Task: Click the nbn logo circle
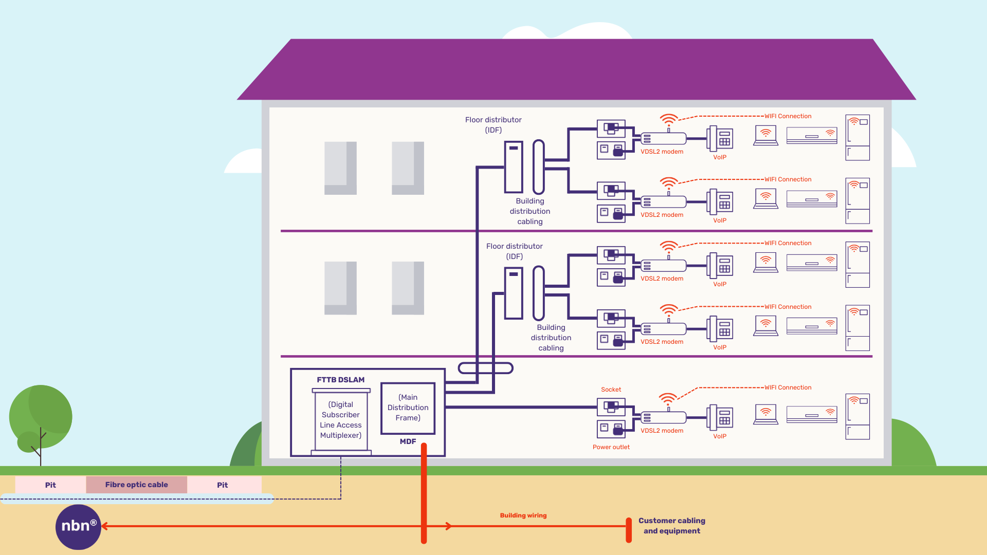[x=78, y=527]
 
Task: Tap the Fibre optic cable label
[x=136, y=485]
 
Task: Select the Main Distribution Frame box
[x=408, y=408]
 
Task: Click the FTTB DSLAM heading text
[x=340, y=380]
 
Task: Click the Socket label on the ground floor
[x=611, y=390]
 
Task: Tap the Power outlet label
[x=611, y=447]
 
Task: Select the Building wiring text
[x=523, y=515]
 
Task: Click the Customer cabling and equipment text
[x=671, y=526]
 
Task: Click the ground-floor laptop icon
[x=765, y=414]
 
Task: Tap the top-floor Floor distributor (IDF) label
[x=493, y=125]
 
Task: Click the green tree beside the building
[x=41, y=416]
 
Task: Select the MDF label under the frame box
[x=408, y=441]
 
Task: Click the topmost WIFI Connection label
[x=788, y=116]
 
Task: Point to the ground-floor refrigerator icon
[x=857, y=416]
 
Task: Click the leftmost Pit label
[x=50, y=485]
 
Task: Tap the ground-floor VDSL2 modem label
[x=662, y=431]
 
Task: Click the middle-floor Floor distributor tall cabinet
[x=514, y=293]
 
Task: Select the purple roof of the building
[x=576, y=69]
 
